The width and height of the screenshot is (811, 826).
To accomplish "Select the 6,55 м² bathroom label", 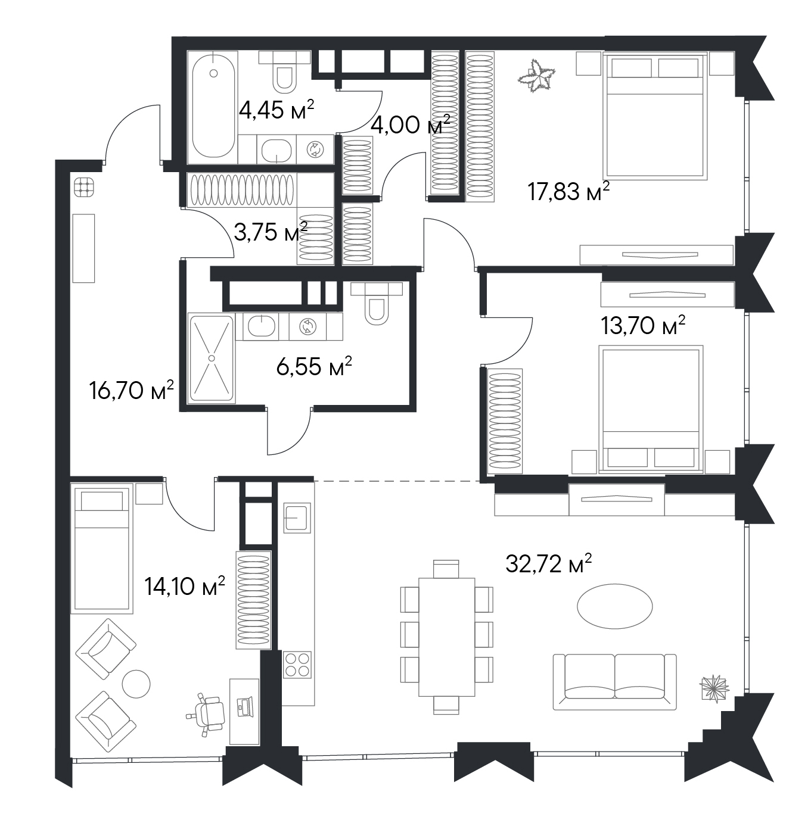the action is (314, 366).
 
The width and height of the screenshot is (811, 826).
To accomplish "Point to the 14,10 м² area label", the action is (185, 585).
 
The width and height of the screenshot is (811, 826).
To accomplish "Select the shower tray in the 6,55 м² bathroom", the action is (211, 359).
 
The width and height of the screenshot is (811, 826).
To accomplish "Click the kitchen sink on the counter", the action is (297, 518).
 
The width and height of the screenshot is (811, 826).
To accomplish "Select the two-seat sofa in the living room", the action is (614, 681).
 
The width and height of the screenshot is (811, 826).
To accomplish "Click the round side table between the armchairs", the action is (136, 684).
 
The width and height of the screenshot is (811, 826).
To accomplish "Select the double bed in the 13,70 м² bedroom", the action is (651, 409).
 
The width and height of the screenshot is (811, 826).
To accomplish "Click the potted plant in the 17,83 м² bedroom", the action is (536, 76).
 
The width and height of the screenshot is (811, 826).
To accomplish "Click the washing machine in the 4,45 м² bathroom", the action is (315, 149).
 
